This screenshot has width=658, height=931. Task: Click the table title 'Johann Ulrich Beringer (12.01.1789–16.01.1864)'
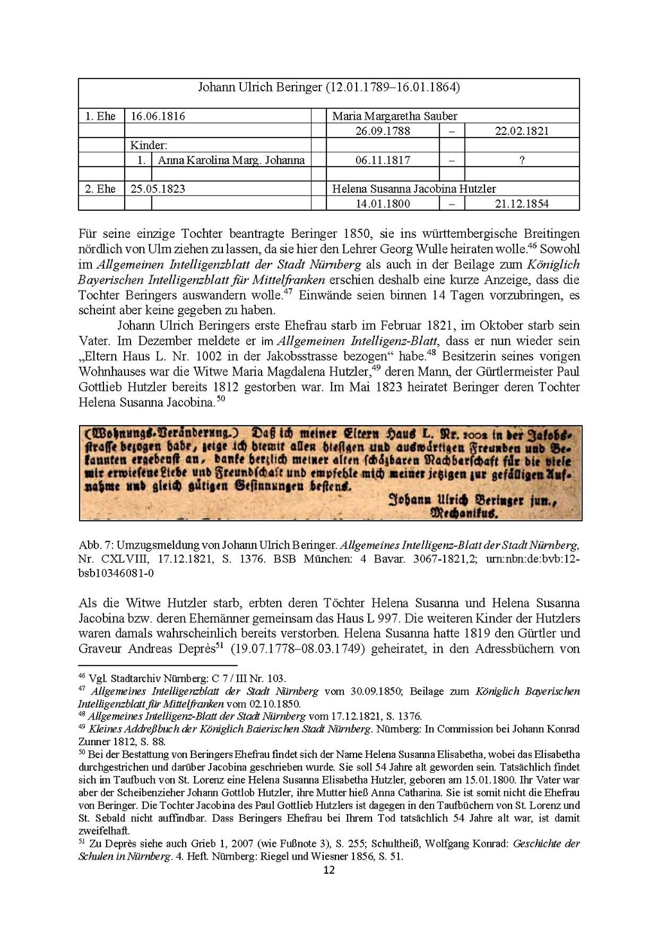click(328, 87)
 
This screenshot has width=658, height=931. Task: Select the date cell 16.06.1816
click(158, 116)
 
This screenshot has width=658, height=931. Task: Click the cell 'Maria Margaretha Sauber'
click(395, 116)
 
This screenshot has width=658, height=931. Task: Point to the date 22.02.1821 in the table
click(522, 131)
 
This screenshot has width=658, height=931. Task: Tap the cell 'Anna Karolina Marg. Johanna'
click(231, 160)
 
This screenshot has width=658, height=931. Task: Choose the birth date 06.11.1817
click(383, 160)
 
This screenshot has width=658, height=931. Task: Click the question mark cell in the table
click(522, 160)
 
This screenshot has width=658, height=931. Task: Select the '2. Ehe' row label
click(101, 189)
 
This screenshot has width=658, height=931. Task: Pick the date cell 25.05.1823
click(158, 189)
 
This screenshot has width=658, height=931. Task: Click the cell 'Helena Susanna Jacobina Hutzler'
click(414, 189)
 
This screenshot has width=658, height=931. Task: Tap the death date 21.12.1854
click(522, 204)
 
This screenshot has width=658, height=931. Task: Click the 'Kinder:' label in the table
click(149, 146)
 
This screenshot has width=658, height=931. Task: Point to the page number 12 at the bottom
click(328, 871)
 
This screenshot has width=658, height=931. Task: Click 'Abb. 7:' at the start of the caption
click(94, 545)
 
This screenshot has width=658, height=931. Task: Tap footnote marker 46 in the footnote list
click(82, 676)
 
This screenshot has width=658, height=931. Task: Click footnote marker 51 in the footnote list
click(82, 841)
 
